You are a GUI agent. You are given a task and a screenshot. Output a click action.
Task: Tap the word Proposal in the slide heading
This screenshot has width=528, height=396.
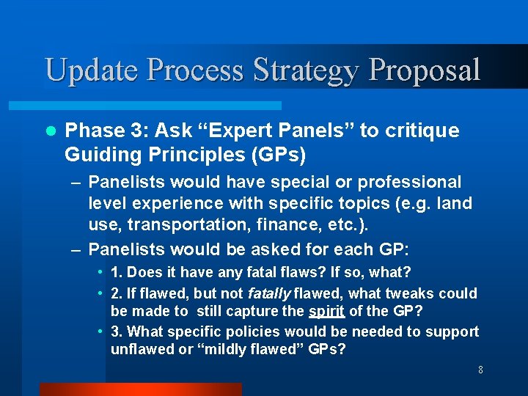pyautogui.click(x=425, y=70)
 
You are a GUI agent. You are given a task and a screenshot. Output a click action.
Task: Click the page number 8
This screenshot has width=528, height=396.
pyautogui.click(x=480, y=370)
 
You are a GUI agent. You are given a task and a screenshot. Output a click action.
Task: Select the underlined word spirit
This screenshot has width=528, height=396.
pyautogui.click(x=326, y=311)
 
